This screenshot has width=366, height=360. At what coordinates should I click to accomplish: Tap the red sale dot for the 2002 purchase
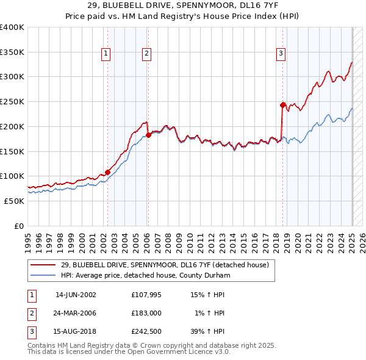107,172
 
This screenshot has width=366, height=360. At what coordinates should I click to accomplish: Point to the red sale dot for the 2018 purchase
283,105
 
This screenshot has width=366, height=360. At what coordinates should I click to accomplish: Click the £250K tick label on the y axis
12,101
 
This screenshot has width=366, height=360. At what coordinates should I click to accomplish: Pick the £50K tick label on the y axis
14,201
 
